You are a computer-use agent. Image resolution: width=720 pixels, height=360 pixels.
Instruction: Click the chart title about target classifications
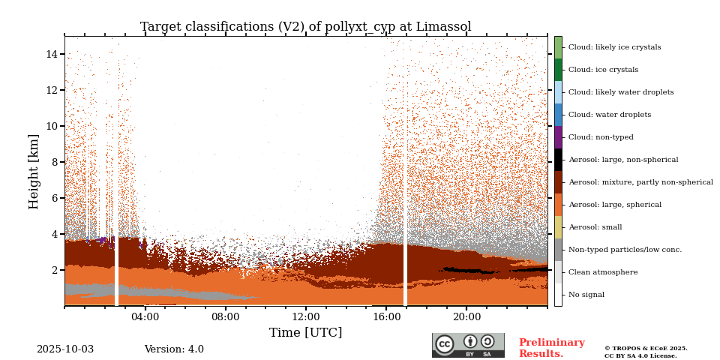coord(305,27)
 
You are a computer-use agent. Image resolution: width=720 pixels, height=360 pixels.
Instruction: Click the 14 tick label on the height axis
coord(52,54)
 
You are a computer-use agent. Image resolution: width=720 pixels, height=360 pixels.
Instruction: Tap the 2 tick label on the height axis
coord(55,270)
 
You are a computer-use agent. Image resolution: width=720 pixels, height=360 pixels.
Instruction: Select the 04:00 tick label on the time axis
coord(145,317)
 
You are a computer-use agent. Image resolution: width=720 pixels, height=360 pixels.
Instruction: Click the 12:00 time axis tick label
coord(306,317)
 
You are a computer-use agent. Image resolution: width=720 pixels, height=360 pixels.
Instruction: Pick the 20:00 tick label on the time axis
coord(466,317)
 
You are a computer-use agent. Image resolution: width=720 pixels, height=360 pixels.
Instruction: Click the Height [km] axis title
coord(34,171)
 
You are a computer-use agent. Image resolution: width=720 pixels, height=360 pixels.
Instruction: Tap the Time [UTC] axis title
coord(305,333)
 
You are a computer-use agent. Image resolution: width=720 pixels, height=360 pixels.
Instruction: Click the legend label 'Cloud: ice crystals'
coord(603,70)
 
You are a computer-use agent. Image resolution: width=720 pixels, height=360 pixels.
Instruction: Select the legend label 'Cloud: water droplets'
coord(609,115)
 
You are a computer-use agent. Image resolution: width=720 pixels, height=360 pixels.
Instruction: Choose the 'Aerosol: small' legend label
coord(595,227)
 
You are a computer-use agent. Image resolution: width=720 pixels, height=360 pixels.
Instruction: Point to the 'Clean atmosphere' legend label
coord(603,272)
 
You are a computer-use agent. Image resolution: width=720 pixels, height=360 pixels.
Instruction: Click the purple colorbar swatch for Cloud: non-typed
coord(558,137)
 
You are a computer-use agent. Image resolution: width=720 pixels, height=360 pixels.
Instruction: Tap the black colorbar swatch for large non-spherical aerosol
coord(558,160)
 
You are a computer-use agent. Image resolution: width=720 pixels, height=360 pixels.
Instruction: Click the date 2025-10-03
coord(65,349)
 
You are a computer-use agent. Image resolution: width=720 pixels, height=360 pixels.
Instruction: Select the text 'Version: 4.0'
coord(174,349)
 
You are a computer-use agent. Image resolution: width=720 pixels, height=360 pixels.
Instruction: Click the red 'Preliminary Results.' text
coord(551,348)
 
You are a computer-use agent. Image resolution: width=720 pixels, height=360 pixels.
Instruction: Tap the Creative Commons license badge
coord(468,345)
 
